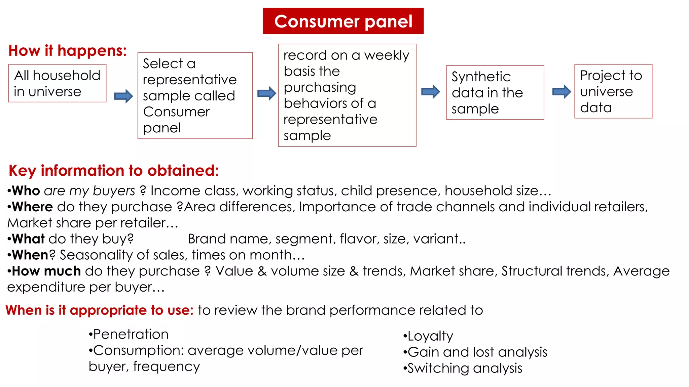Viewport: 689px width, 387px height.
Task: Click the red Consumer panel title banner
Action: pyautogui.click(x=343, y=21)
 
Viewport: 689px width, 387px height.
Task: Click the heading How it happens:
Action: pyautogui.click(x=68, y=51)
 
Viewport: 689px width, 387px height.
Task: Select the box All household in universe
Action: pyautogui.click(x=57, y=83)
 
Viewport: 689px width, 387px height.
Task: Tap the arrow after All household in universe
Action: pyautogui.click(x=123, y=96)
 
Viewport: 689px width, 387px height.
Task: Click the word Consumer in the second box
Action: pyautogui.click(x=176, y=112)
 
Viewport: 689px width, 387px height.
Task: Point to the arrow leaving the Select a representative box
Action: pyautogui.click(x=266, y=93)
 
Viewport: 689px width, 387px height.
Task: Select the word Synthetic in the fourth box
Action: pyautogui.click(x=481, y=77)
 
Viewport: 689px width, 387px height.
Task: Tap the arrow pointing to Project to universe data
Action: pyautogui.click(x=561, y=91)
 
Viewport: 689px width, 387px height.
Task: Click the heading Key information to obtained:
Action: pyautogui.click(x=114, y=171)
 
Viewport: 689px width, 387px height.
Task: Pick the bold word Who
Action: pyautogui.click(x=26, y=191)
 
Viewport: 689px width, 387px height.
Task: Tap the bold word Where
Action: pyautogui.click(x=32, y=207)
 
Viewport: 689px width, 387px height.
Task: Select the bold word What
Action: pyautogui.click(x=28, y=239)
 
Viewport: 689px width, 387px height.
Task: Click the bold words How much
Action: pyautogui.click(x=46, y=271)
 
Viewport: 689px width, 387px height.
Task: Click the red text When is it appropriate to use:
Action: pyautogui.click(x=100, y=310)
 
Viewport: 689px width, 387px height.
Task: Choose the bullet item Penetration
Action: pyautogui.click(x=131, y=334)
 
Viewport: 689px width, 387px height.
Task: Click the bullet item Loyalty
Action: pyautogui.click(x=430, y=336)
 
